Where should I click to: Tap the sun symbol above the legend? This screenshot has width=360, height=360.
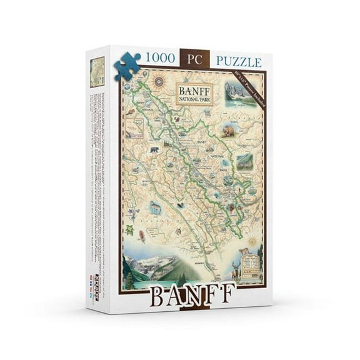(252, 241)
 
